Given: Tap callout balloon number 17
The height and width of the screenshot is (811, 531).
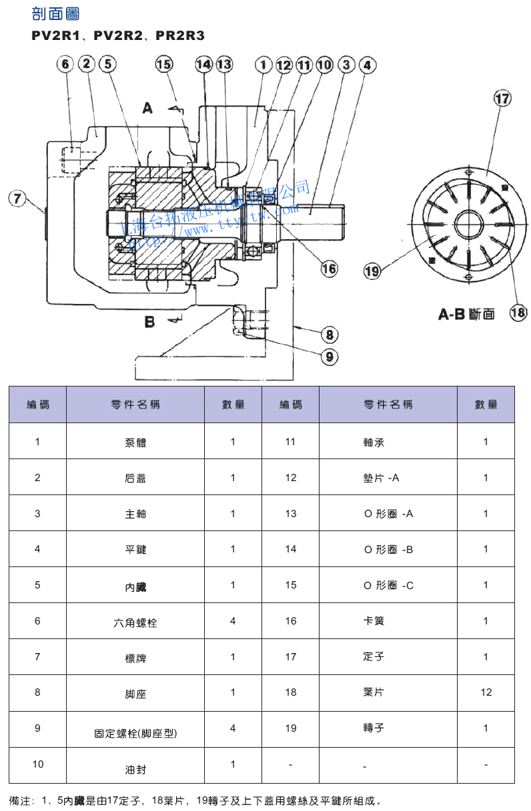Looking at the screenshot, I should pos(502,99).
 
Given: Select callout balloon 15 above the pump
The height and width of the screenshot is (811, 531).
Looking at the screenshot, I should pos(163,64).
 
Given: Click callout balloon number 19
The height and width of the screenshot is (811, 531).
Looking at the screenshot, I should pos(372,271).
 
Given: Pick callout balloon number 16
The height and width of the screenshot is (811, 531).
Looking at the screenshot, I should pos(329,269).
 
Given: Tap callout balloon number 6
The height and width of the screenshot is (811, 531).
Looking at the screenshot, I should pos(65,64).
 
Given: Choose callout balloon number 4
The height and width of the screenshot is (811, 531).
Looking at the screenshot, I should pos(367,65).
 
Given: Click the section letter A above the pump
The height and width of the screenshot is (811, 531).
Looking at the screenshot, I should pos(147,107).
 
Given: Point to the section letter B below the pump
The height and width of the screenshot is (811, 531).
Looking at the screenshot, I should pos(149,323).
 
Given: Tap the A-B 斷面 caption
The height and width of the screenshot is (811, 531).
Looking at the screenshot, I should pos(466,314).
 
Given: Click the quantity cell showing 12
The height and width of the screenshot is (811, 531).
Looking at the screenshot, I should pos(486,692).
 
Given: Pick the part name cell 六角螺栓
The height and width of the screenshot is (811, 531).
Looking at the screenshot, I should pos(135,623).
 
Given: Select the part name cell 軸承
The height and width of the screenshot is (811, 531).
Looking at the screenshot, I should pos(374,442).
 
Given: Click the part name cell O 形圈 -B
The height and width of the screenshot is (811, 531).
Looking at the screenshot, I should pos(388,550).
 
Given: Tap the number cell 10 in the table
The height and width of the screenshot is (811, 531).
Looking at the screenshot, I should pos(37,764).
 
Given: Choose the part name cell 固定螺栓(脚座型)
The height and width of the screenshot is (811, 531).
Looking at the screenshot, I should pos(135,734).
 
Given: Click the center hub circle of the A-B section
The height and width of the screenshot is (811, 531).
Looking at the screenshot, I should pos(469,224).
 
